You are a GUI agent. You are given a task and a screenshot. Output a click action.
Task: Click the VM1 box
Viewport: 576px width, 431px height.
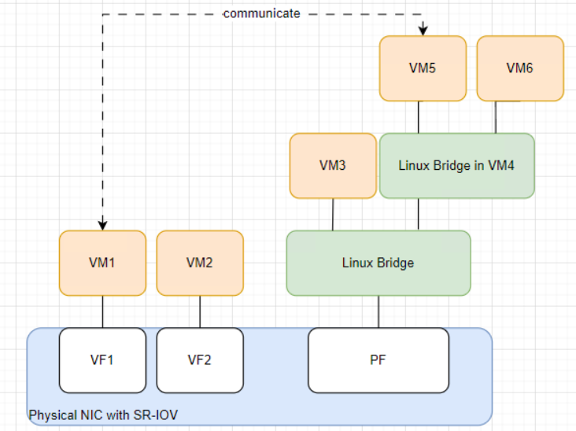(102, 263)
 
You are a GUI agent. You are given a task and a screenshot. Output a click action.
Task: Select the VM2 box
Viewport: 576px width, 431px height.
(199, 263)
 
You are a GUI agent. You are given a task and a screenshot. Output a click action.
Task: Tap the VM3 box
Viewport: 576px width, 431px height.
(332, 165)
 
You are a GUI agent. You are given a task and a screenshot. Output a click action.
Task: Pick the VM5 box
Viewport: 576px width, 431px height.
(422, 68)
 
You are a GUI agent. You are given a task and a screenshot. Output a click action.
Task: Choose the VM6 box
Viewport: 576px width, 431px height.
(519, 68)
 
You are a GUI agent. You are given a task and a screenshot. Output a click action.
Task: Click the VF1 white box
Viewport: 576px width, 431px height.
(102, 360)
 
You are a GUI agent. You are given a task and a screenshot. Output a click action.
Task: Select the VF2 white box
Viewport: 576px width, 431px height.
(199, 360)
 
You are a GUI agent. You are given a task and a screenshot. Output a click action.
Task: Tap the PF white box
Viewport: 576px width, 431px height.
(378, 360)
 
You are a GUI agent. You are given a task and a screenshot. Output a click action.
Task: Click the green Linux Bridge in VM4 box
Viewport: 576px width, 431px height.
(456, 165)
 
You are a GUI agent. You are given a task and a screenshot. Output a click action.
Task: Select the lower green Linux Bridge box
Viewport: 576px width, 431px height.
(378, 263)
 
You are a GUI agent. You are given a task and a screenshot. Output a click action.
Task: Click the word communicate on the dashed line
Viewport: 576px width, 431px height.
(261, 13)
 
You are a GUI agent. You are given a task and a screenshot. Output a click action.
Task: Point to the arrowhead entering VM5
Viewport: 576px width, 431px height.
(423, 30)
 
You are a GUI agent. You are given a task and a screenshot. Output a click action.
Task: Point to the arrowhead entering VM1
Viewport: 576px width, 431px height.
(103, 225)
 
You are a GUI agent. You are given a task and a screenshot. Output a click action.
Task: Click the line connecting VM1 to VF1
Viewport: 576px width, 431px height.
(103, 311)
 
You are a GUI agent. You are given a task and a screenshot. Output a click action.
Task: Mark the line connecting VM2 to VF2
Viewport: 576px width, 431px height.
(200, 311)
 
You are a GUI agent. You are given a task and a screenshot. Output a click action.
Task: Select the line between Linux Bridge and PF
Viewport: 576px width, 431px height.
(378, 311)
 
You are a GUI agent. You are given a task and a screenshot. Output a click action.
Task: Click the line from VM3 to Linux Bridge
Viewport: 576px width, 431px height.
(333, 214)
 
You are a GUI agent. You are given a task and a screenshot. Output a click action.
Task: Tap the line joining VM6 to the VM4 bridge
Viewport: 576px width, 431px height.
(495, 117)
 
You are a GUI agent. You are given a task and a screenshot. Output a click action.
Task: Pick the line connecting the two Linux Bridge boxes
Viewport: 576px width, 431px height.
(418, 214)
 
